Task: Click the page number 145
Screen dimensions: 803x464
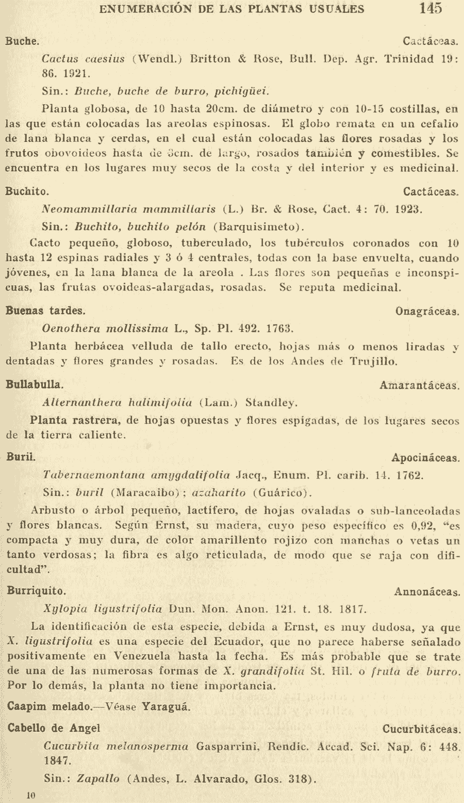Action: tap(430, 8)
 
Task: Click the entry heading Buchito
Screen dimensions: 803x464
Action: tap(27, 191)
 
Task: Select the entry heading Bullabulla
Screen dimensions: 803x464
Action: tap(35, 384)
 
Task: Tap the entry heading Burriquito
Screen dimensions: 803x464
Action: tap(36, 591)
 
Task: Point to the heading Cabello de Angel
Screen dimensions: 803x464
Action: tap(54, 728)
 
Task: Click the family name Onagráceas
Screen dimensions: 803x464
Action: tap(427, 311)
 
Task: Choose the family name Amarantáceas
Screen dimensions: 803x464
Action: tap(419, 385)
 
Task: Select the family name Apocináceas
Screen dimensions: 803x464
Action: tap(425, 458)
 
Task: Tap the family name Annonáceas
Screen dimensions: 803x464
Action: tap(427, 592)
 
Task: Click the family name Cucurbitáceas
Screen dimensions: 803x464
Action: tap(421, 729)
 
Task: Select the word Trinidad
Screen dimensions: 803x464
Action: tap(408, 58)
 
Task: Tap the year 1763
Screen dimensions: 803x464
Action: tap(280, 328)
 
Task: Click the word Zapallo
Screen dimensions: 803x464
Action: tap(98, 779)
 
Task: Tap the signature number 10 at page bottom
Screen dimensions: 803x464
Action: tap(31, 795)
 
